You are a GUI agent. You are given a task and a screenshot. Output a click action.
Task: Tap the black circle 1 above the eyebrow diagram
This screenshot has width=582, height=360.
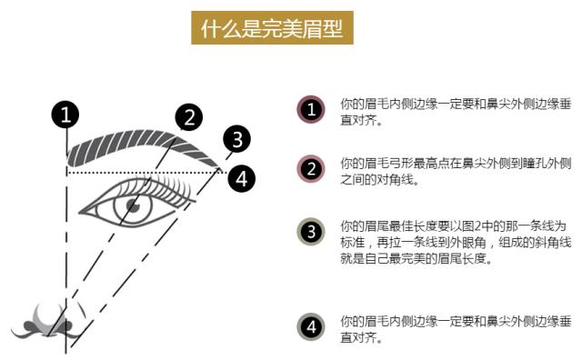[x=65, y=115]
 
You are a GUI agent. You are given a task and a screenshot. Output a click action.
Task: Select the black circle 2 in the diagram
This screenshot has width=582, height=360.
[x=188, y=117]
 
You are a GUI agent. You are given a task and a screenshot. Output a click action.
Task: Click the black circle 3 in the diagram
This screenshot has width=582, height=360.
[x=236, y=139]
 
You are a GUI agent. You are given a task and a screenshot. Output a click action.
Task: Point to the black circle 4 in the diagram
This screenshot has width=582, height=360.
[x=240, y=177]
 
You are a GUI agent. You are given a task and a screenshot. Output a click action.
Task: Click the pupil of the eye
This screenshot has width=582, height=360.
[x=132, y=207]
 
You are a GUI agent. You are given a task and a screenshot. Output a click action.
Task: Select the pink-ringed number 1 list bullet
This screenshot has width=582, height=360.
[x=311, y=110]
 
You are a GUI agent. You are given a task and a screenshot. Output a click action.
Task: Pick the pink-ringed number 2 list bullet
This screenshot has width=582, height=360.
[x=311, y=169]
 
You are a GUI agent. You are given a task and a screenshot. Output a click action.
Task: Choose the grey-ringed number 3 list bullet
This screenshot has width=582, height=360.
[x=311, y=233]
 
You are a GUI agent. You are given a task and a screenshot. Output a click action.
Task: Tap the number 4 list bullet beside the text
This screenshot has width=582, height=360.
[x=311, y=328]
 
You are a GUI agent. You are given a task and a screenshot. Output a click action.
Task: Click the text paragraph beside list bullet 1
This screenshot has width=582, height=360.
[x=456, y=111]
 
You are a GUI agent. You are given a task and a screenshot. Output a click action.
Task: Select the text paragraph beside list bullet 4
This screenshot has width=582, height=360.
[x=456, y=329]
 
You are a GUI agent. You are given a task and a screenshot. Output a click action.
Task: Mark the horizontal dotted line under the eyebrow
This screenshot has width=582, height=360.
[x=145, y=171]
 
